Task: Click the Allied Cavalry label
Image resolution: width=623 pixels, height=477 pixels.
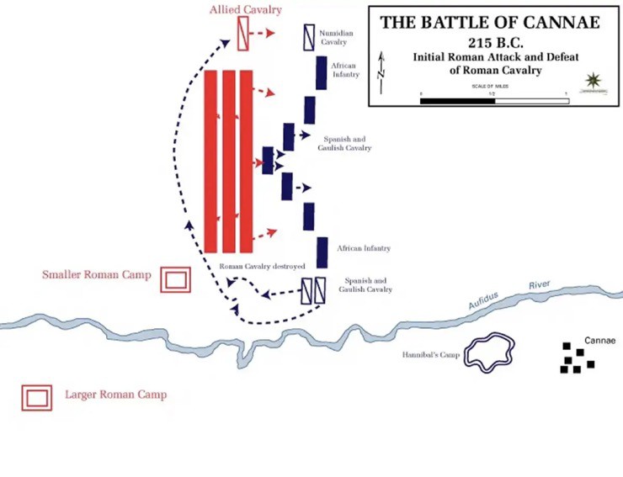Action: coord(246,9)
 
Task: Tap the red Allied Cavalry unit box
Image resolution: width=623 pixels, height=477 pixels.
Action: coord(243,34)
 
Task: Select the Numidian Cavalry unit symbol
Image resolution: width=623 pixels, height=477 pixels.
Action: coord(308,34)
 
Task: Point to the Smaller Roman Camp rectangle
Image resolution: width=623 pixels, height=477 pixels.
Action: coord(176,279)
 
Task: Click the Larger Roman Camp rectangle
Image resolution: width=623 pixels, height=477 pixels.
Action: coord(37,397)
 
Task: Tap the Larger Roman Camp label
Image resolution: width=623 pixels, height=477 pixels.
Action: coord(115,395)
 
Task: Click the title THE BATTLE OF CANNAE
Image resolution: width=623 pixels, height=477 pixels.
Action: coord(490,23)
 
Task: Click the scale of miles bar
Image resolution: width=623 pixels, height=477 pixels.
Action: coord(494,101)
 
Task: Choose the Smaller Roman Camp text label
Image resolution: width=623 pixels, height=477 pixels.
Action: coord(97,275)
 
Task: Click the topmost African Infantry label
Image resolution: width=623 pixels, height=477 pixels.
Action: coord(344,70)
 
